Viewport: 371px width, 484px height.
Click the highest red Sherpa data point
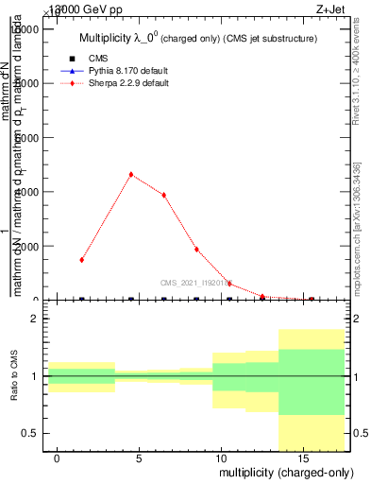point(131,174)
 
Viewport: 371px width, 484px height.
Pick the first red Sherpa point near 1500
point(82,259)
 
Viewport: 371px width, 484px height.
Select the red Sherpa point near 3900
point(164,195)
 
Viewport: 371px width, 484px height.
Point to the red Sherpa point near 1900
point(196,250)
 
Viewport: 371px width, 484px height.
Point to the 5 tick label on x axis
point(139,458)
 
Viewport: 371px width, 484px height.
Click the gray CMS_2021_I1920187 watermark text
point(199,282)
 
